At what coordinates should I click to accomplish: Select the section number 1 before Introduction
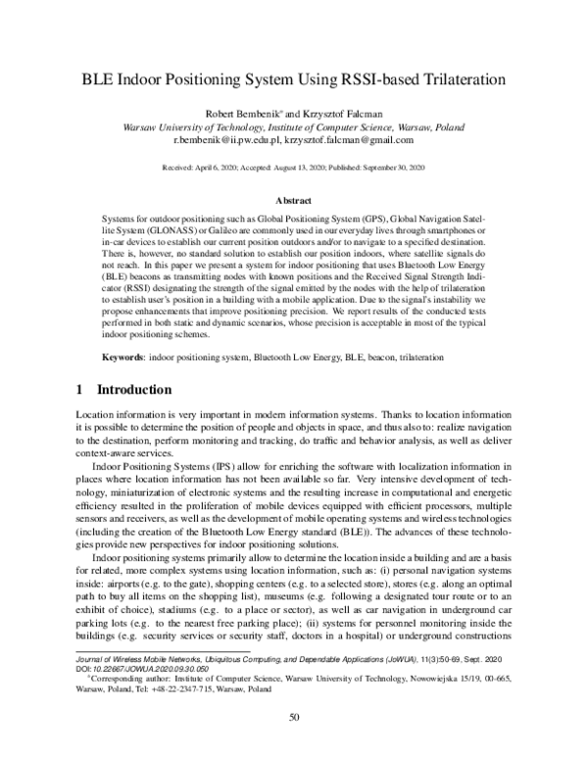tap(80, 389)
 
